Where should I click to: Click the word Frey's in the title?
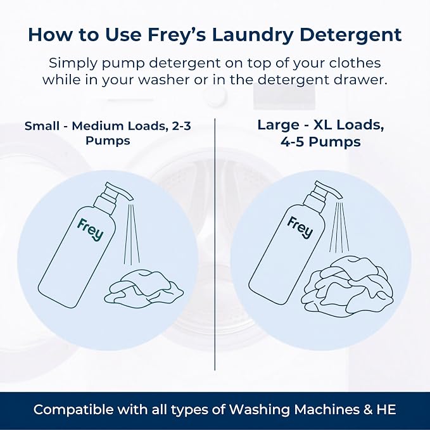pyautogui.click(x=177, y=35)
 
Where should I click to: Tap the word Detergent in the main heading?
pyautogui.click(x=351, y=35)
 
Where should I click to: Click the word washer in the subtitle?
pyautogui.click(x=163, y=80)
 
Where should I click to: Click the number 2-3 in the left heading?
pyautogui.click(x=181, y=126)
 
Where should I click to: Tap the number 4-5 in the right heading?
pyautogui.click(x=292, y=142)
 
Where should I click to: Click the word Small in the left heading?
pyautogui.click(x=42, y=126)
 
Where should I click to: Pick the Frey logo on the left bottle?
pyautogui.click(x=90, y=229)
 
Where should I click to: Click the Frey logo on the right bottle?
pyautogui.click(x=300, y=227)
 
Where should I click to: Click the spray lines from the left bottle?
pyautogui.click(x=132, y=234)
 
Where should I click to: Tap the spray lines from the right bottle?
pyautogui.click(x=339, y=227)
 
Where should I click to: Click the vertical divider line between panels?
pyautogui.click(x=215, y=244)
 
